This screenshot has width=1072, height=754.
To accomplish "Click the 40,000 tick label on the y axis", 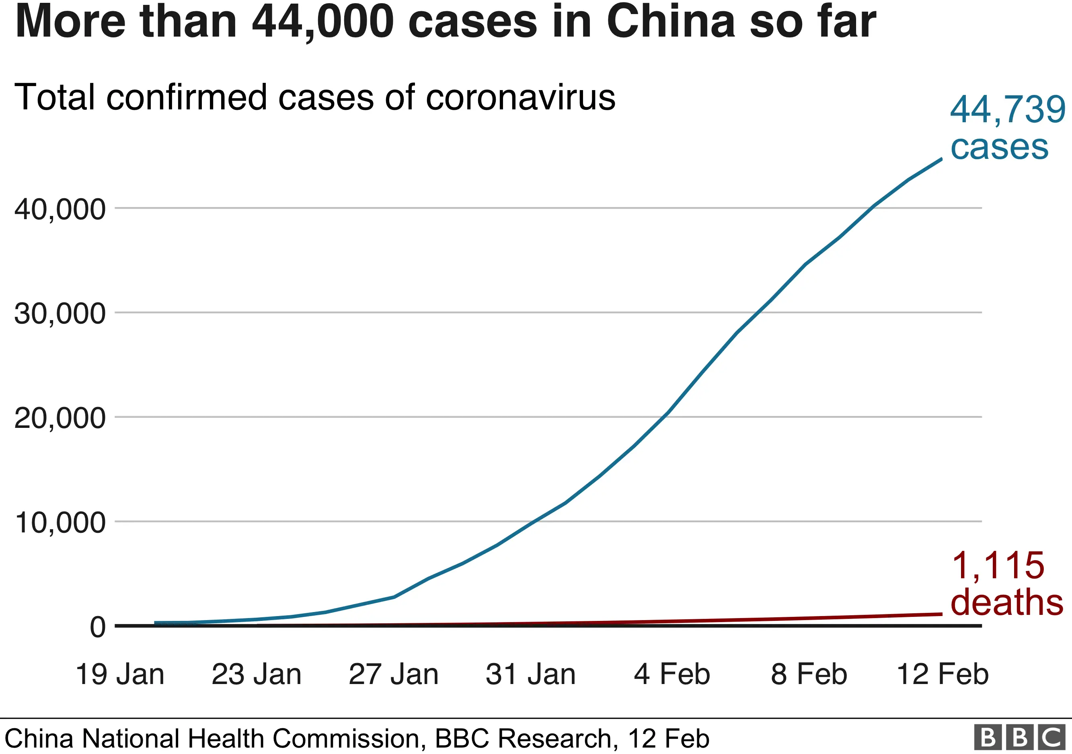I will pyautogui.click(x=60, y=209).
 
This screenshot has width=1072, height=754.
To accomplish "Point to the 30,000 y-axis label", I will pyautogui.click(x=60, y=313).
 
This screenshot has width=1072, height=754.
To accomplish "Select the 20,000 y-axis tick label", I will pyautogui.click(x=60, y=418).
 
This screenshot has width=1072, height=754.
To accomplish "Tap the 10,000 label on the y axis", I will pyautogui.click(x=60, y=522).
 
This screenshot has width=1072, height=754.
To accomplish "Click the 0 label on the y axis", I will pyautogui.click(x=98, y=627).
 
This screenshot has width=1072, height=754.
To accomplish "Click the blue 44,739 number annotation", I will pyautogui.click(x=1008, y=110).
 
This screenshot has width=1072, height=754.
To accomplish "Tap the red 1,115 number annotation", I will pyautogui.click(x=998, y=566).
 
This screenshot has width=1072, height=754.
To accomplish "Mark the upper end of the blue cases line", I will pyautogui.click(x=941, y=159).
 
